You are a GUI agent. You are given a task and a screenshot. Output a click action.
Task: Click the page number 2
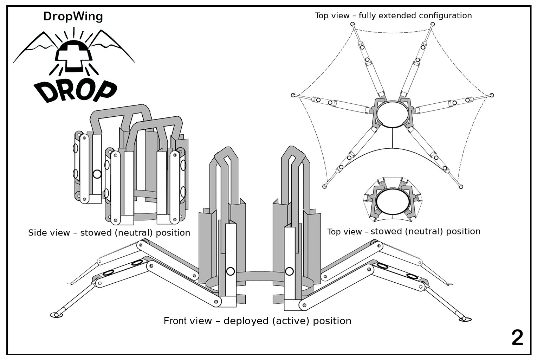[517, 338]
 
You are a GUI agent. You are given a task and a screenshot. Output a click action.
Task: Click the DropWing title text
[73, 16]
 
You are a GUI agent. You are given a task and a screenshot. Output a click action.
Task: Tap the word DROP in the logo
[75, 90]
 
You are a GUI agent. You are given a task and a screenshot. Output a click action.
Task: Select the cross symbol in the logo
[73, 56]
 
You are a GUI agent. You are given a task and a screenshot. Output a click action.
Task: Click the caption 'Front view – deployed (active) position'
[257, 321]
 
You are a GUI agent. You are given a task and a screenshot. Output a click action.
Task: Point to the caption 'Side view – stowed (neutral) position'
[109, 233]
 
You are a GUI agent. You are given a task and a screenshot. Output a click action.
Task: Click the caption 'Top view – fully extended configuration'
[393, 15]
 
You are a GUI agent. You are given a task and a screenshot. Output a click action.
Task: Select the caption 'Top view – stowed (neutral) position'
[403, 231]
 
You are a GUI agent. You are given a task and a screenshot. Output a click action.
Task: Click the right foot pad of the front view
[465, 319]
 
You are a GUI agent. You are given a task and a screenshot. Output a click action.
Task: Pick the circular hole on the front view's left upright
[231, 271]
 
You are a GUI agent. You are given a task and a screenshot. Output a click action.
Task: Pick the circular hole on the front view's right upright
[289, 271]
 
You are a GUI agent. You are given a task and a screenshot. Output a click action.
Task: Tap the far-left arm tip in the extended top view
[293, 95]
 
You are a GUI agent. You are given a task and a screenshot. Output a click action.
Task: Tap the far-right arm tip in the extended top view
[492, 95]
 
